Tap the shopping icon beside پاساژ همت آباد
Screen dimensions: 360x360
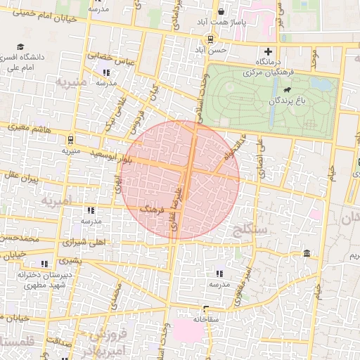(x=221, y=11)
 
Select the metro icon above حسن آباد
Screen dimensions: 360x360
(x=209, y=41)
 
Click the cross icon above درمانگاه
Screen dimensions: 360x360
(x=267, y=51)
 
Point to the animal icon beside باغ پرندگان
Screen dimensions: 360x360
(x=287, y=91)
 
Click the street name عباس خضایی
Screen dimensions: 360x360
(x=110, y=58)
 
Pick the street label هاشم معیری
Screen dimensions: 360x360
(x=31, y=127)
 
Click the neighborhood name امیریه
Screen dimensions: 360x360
(x=56, y=201)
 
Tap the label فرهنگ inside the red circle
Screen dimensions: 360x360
(x=152, y=208)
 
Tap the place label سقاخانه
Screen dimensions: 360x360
(x=208, y=319)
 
